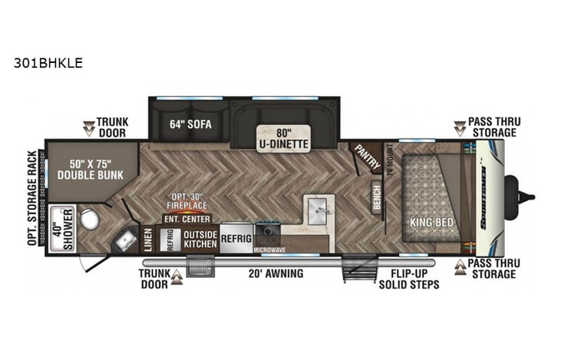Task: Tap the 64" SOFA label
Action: point(190,124)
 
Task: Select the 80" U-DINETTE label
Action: point(282,137)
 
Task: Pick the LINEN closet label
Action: point(148,239)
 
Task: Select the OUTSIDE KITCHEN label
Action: point(200,239)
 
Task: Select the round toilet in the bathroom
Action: point(90,220)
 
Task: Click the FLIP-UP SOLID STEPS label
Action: point(408,279)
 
